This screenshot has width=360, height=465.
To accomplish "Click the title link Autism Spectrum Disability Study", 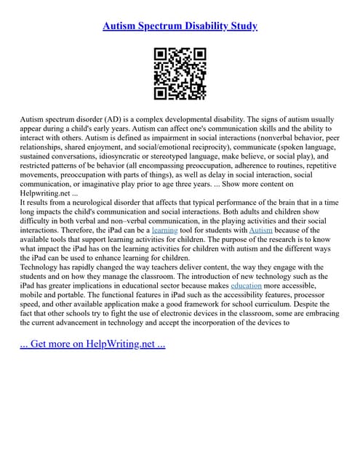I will point(180,26).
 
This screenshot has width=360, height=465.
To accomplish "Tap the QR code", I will point(180,73).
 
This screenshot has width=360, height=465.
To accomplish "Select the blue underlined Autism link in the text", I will point(260,230).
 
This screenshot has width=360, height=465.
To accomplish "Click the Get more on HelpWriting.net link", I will point(92,343).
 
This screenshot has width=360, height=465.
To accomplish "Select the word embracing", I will point(312,315).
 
